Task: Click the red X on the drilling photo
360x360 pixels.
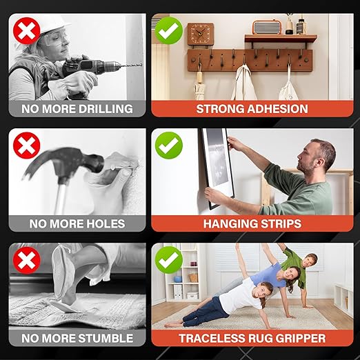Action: [27, 31]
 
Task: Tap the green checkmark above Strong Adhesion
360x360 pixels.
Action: [169, 30]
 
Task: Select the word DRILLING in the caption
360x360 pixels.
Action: [106, 109]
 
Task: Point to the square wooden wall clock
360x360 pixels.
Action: [201, 34]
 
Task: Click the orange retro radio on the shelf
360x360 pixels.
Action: [267, 28]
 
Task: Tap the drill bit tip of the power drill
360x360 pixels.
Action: [141, 65]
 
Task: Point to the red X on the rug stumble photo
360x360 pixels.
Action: [27, 260]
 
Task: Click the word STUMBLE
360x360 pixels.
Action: [106, 338]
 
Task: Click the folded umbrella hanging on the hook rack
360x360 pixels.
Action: [199, 84]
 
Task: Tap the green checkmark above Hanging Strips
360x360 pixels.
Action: [169, 146]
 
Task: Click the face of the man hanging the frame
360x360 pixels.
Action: [307, 158]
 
